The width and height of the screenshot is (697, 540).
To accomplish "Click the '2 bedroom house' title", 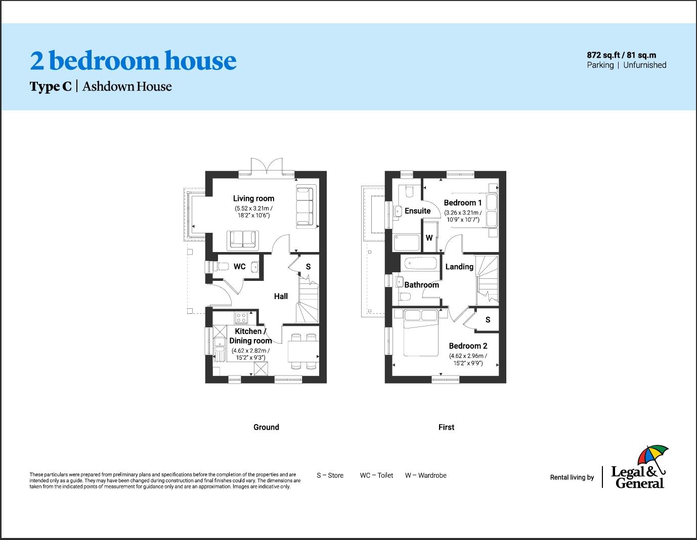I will coord(133,61).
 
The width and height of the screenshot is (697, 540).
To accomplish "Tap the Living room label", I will coord(253,198).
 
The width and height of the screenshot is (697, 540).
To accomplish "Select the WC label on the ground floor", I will coord(239,266).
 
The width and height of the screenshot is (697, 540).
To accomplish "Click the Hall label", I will coord(281,296).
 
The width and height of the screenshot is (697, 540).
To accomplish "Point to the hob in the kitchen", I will coord(241,318).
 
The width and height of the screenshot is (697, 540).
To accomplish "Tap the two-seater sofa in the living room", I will coord(243,239).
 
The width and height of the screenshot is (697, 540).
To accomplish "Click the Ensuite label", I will coord(417,211).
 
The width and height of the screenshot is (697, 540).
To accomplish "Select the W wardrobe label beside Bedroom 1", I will coord(429,237).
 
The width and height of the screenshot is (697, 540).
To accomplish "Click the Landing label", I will coord(459,267).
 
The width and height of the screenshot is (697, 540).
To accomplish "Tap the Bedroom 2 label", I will coord(468,346).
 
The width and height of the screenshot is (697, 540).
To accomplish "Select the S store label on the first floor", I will coord(488,319).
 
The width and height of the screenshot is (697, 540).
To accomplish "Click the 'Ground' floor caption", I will coord(266,427).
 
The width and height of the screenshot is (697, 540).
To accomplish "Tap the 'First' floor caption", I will coord(446,427).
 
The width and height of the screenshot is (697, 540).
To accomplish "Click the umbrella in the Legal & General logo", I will coord(652,456).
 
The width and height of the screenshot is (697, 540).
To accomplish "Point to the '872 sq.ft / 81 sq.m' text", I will coord(621,55).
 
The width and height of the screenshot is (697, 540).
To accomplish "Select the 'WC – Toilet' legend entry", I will coord(376,475).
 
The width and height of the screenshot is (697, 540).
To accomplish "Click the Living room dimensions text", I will coord(253,212).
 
